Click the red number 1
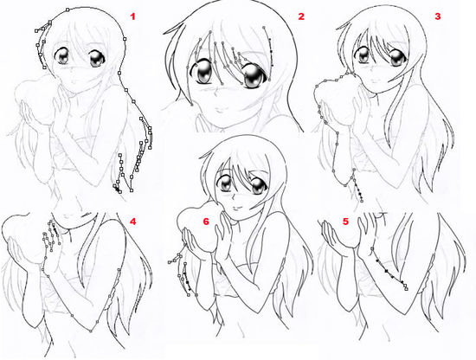click(132, 16)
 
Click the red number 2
click(301, 16)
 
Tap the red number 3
click(437, 16)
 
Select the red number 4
click(132, 222)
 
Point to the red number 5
click(346, 222)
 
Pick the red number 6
click(206, 222)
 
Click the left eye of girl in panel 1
click(62, 56)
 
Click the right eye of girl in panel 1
click(97, 59)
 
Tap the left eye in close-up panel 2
click(202, 72)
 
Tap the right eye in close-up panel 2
click(254, 76)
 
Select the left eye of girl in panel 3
click(362, 55)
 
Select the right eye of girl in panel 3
click(397, 58)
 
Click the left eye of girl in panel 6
click(225, 183)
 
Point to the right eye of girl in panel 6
click(259, 186)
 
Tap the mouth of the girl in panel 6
click(236, 209)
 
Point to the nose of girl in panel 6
click(231, 198)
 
